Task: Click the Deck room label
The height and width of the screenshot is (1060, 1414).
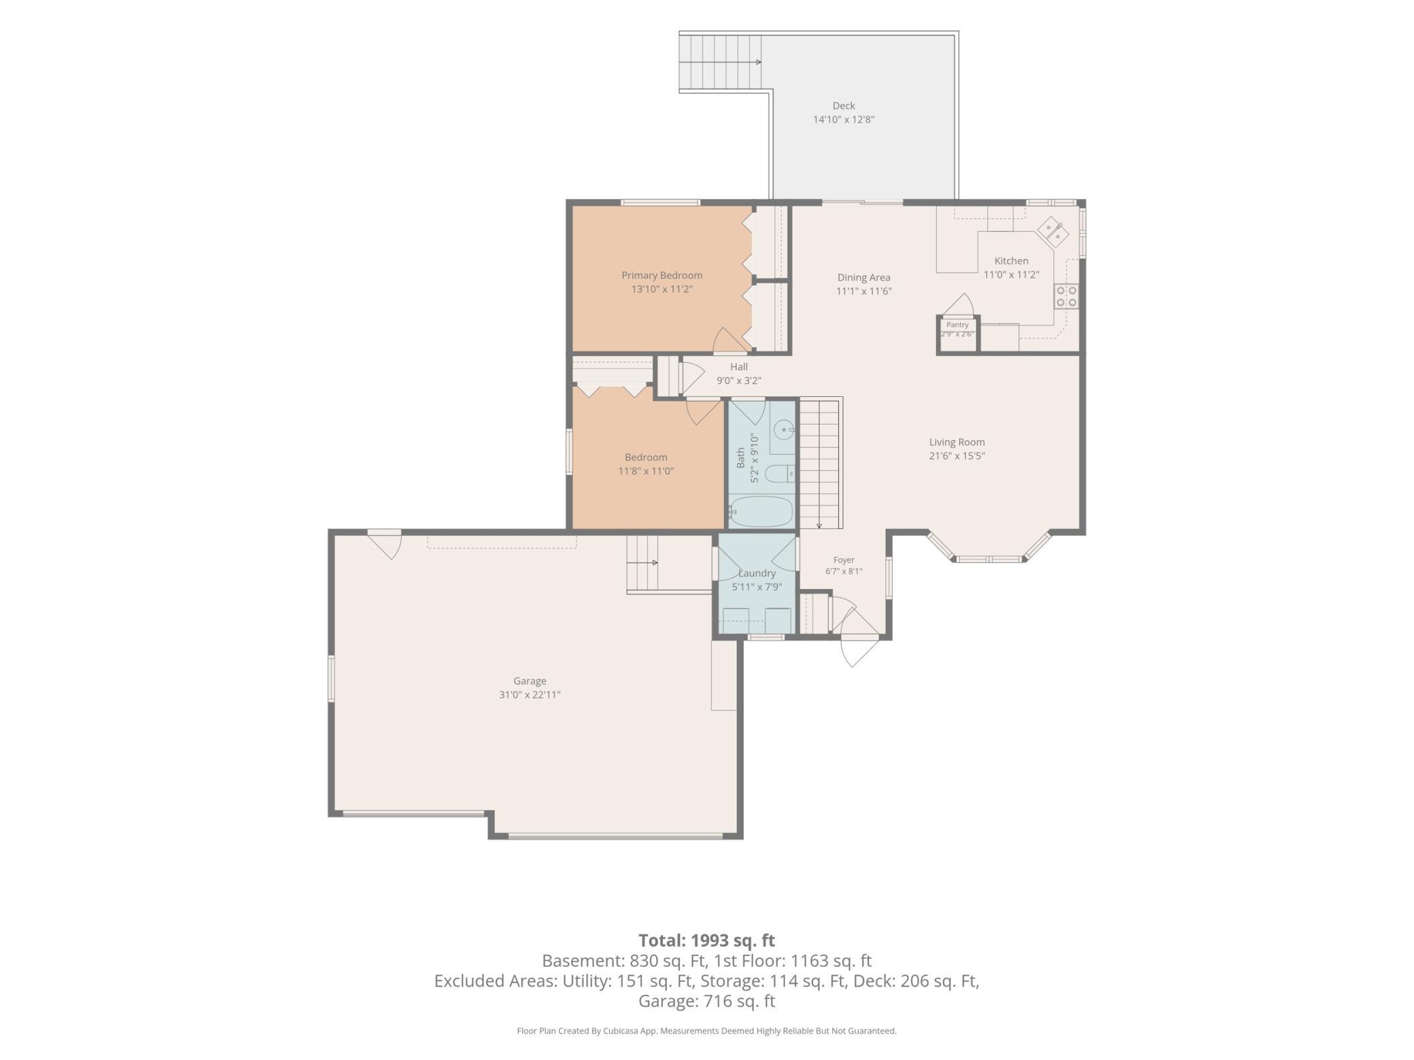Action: coord(844,105)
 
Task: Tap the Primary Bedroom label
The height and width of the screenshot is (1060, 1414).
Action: coord(661,275)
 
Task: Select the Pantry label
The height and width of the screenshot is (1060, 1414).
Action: coord(957,325)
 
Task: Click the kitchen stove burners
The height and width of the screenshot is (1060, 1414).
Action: coord(1066,296)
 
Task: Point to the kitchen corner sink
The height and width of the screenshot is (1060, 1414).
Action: coord(1053,231)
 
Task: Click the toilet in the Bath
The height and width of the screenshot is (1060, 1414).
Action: coord(780,473)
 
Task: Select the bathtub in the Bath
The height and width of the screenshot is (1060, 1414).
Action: coord(761,512)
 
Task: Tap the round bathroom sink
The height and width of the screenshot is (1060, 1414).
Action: coord(785,429)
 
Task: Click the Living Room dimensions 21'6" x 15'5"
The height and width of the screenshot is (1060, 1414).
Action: coord(956,456)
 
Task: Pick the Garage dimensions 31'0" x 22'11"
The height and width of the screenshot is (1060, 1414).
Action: coord(530,694)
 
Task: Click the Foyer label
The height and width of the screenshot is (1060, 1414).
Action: coord(844,560)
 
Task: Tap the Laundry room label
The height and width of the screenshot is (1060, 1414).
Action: coord(757,573)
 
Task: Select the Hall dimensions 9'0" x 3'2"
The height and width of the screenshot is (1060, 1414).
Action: coord(739,381)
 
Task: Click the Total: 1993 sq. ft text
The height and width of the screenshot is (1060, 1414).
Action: coord(707,940)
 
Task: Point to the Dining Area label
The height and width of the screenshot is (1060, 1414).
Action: coord(863,277)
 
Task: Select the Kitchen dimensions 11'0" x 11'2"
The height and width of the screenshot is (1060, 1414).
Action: coord(1012,275)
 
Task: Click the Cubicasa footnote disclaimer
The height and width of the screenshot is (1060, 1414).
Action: coord(707,1031)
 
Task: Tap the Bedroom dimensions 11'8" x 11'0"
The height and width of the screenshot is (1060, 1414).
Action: coord(646,471)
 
